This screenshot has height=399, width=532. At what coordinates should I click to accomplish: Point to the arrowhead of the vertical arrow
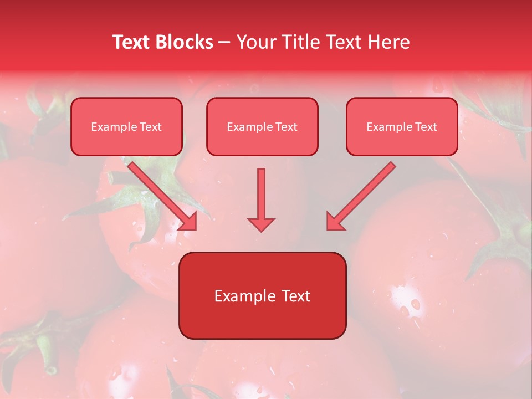[x=261, y=224]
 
